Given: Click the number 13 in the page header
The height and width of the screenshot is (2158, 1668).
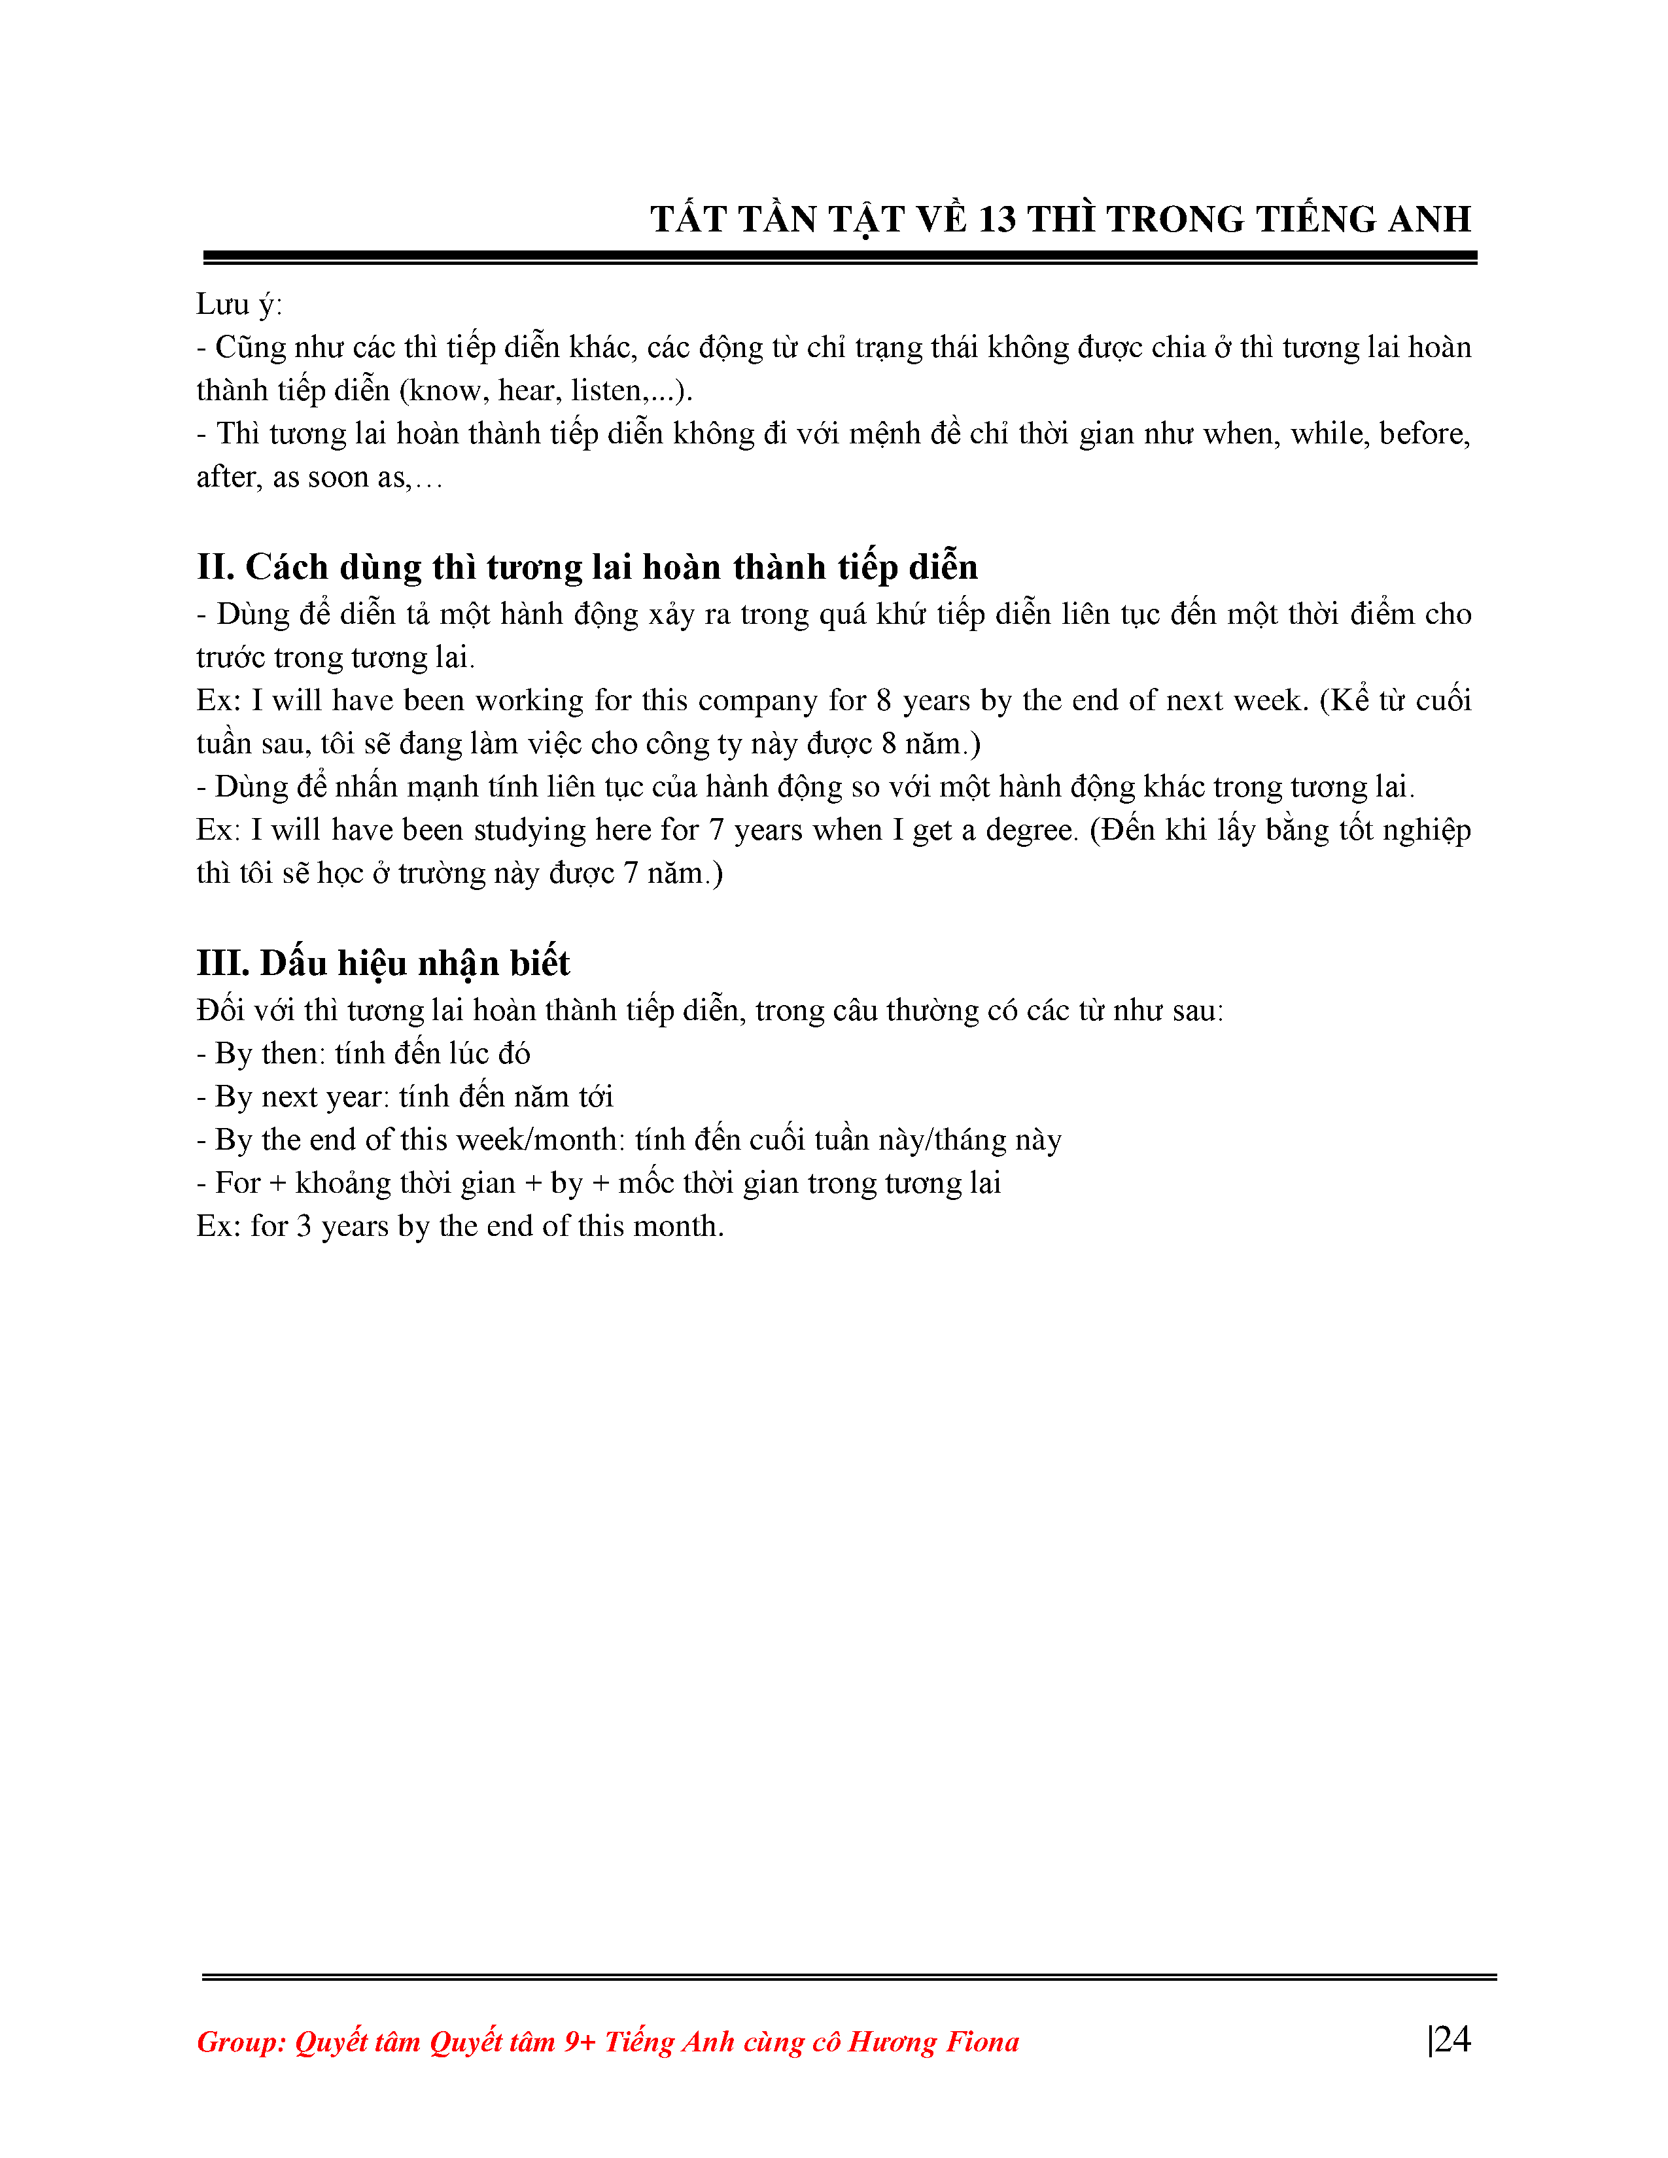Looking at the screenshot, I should pyautogui.click(x=996, y=219).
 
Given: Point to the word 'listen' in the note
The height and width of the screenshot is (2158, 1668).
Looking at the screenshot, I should pyautogui.click(x=608, y=390).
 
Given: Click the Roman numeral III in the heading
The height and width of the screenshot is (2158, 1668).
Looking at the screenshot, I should pyautogui.click(x=220, y=963).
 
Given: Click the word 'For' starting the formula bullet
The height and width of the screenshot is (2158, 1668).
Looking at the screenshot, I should pyautogui.click(x=237, y=1183).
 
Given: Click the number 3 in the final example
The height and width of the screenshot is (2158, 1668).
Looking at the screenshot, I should pyautogui.click(x=304, y=1226).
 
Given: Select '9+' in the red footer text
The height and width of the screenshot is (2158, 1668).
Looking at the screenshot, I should pyautogui.click(x=579, y=2042).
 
